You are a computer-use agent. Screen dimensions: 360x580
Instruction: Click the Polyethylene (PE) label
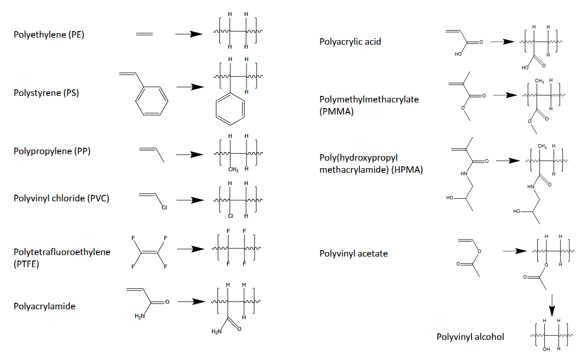pyautogui.click(x=48, y=34)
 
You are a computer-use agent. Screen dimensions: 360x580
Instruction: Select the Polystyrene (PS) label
pyautogui.click(x=46, y=93)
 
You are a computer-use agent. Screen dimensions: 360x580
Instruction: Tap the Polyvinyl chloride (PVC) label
pyautogui.click(x=61, y=198)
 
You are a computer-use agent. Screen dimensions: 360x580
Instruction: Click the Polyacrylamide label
pyautogui.click(x=44, y=306)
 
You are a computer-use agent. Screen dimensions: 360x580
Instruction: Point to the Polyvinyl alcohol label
pyautogui.click(x=470, y=337)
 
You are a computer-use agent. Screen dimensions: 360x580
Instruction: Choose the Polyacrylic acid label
pyautogui.click(x=350, y=42)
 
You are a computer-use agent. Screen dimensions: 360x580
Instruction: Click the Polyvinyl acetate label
pyautogui.click(x=354, y=254)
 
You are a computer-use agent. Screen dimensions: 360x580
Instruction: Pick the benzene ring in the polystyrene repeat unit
pyautogui.click(x=230, y=109)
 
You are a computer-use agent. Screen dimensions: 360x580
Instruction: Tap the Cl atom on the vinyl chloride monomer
pyautogui.click(x=164, y=207)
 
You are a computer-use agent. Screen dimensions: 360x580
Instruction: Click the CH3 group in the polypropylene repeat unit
pyautogui.click(x=234, y=169)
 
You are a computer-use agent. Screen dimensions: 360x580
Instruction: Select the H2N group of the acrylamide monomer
pyautogui.click(x=140, y=316)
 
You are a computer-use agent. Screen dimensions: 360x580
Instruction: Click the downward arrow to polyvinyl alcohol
pyautogui.click(x=551, y=305)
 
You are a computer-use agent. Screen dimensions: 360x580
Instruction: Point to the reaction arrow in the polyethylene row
pyautogui.click(x=188, y=34)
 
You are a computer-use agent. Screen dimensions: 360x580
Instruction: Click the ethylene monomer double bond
pyautogui.click(x=144, y=34)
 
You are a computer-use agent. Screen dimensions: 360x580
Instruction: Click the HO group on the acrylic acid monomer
pyautogui.click(x=458, y=54)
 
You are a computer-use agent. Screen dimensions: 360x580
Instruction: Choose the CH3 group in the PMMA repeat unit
pyautogui.click(x=540, y=80)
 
